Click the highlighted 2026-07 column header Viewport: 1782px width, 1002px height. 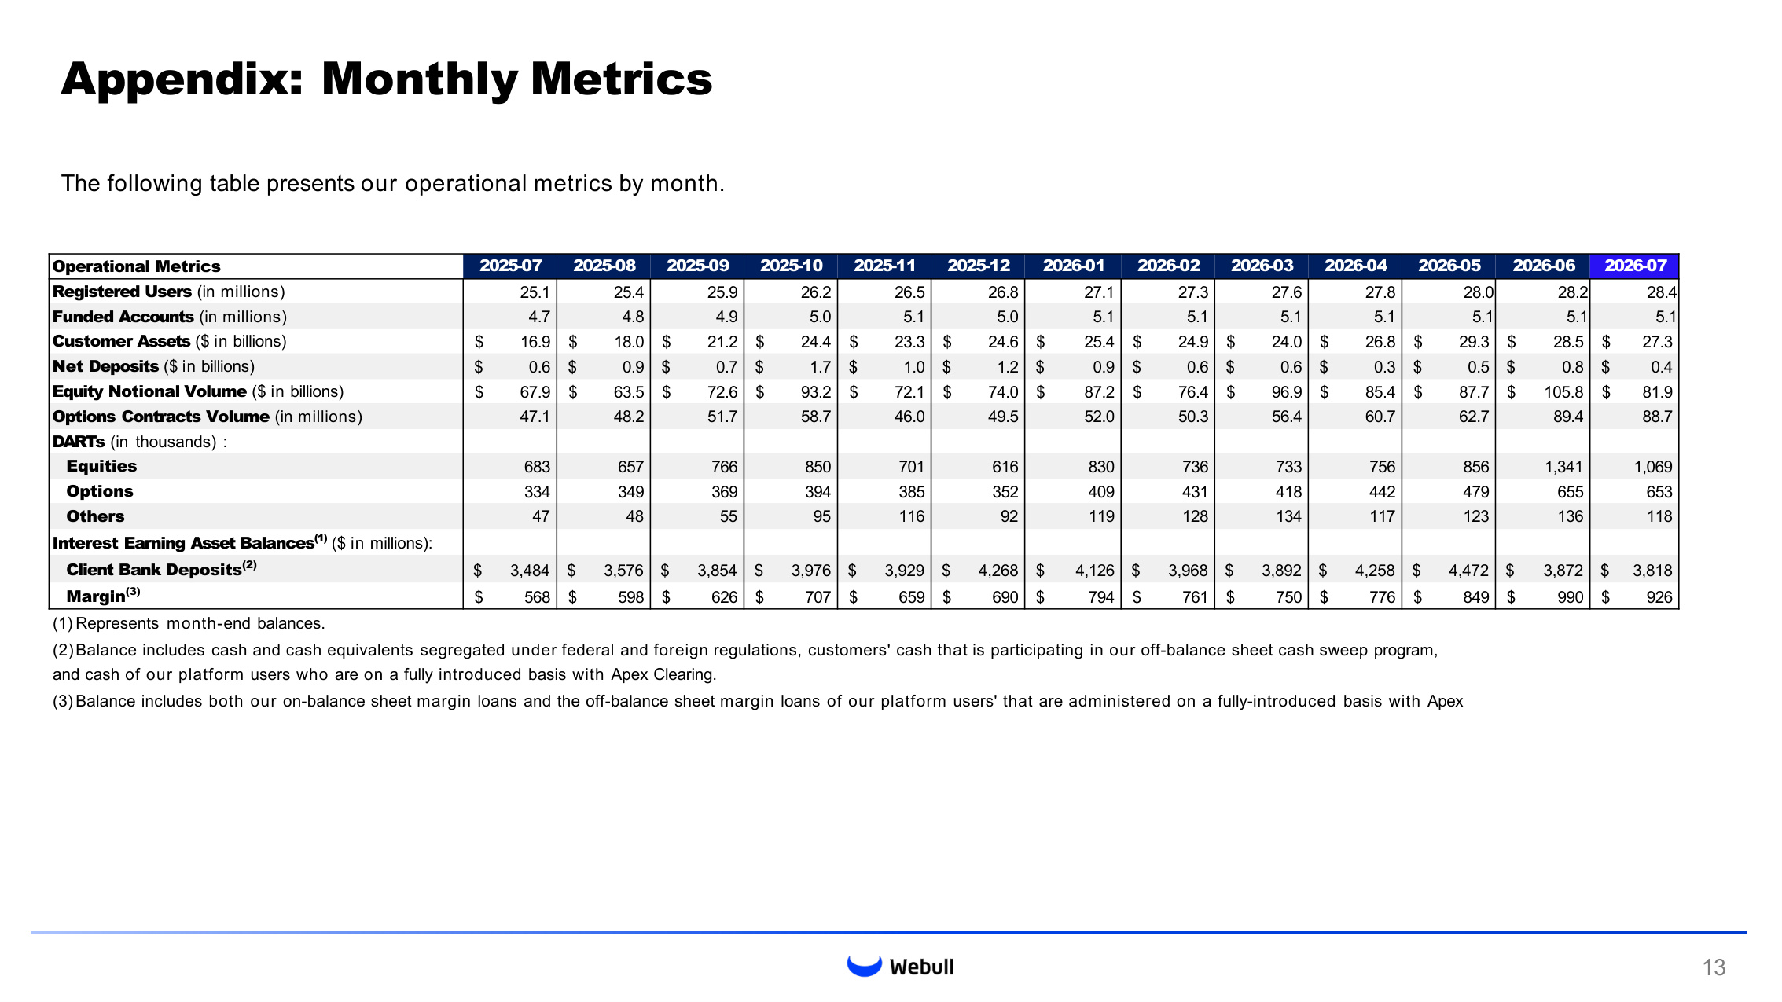tap(1634, 266)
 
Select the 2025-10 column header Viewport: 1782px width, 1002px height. tap(791, 266)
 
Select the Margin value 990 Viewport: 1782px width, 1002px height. tap(1570, 597)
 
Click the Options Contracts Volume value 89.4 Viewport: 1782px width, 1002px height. tap(1568, 417)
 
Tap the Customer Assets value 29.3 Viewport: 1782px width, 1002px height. tap(1474, 342)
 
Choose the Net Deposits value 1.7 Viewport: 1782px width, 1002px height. tap(820, 367)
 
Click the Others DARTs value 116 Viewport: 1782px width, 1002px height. tap(911, 516)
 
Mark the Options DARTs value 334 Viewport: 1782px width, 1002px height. tap(537, 492)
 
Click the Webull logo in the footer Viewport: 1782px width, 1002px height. tap(900, 966)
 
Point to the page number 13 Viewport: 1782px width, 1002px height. tap(1714, 967)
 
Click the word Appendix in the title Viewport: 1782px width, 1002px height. tap(182, 80)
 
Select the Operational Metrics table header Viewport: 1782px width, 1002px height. tap(137, 266)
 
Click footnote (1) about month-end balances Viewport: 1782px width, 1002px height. tap(189, 624)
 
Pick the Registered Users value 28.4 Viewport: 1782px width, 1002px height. tap(1662, 292)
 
